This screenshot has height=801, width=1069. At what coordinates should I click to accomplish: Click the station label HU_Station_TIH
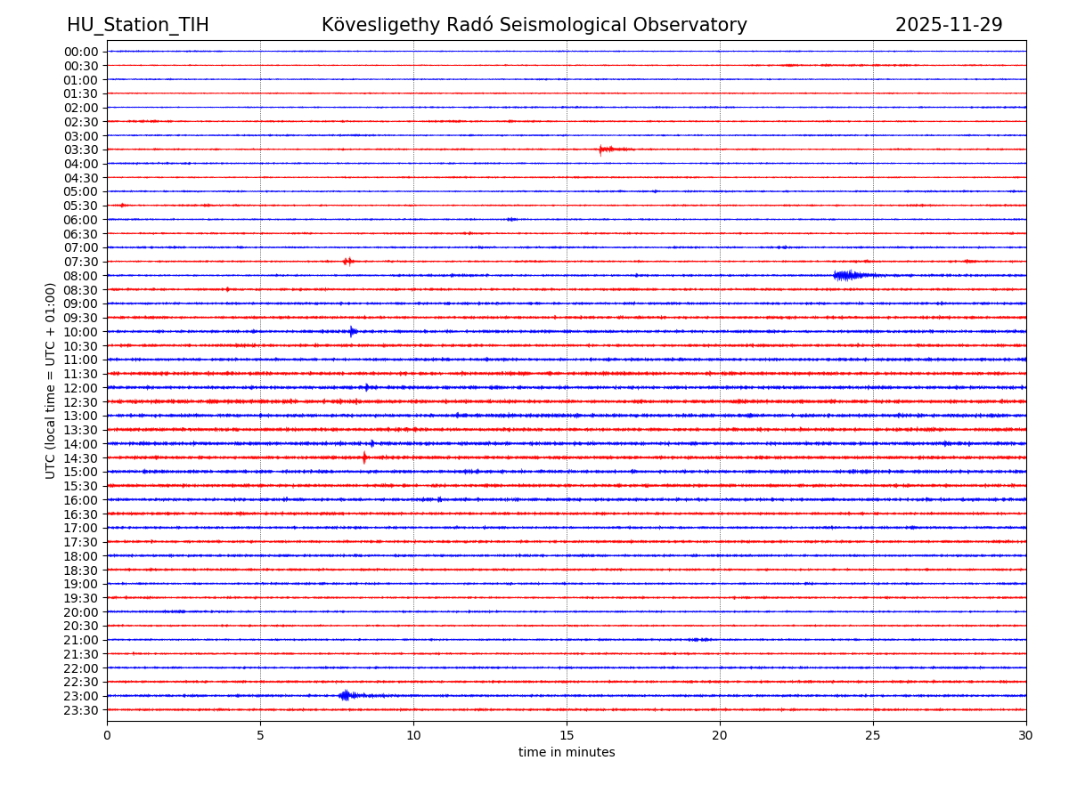coord(138,25)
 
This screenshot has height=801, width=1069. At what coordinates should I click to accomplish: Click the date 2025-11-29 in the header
coord(949,25)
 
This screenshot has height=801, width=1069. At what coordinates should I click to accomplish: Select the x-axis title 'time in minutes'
coord(567,753)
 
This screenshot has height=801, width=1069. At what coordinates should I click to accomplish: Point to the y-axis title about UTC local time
coord(51,380)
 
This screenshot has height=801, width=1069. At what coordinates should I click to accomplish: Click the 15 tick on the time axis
coord(567,735)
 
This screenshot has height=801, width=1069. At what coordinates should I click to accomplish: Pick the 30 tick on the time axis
coord(1026,735)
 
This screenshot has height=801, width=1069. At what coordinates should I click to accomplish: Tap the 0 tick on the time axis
coord(107,735)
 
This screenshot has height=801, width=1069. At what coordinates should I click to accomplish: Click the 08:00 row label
coord(80,276)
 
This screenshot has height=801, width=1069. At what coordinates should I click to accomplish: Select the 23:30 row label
coord(80,710)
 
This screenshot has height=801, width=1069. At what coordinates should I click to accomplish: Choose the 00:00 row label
coord(80,52)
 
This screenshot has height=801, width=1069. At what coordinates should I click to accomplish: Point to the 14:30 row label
coord(80,458)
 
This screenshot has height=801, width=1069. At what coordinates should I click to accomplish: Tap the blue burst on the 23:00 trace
coord(347,695)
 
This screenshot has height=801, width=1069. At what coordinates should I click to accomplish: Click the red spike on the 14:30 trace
coord(364,457)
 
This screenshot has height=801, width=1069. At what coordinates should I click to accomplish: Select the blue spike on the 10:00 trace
coord(353,331)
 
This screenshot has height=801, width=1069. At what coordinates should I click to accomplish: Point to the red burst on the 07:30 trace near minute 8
coord(347,261)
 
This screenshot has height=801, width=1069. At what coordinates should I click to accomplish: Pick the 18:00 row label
coord(80,556)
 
